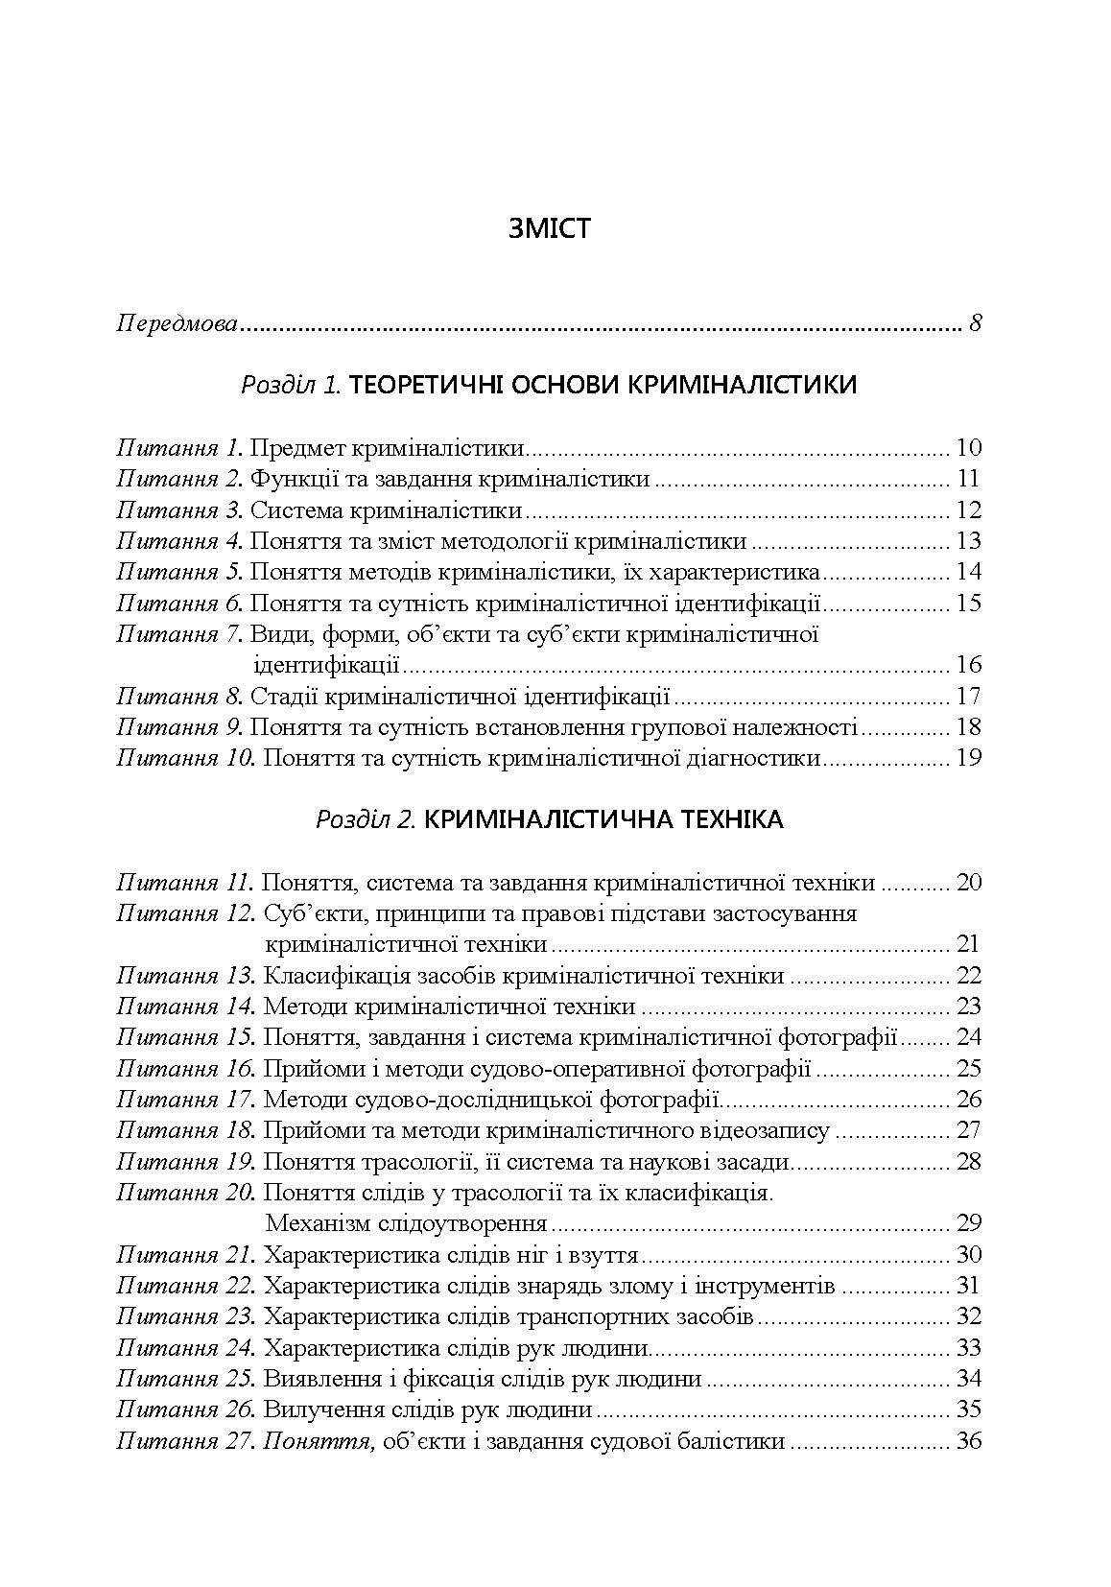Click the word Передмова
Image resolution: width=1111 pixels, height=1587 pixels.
click(x=177, y=323)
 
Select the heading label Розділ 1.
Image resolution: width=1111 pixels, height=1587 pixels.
click(x=291, y=386)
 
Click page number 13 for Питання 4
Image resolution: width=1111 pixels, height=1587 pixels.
click(x=968, y=541)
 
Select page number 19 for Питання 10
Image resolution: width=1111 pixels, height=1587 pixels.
click(x=968, y=758)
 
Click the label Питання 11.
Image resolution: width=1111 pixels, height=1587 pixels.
click(x=185, y=883)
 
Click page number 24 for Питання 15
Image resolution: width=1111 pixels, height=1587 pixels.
click(x=968, y=1037)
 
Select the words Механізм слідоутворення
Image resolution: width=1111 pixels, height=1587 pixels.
click(x=405, y=1223)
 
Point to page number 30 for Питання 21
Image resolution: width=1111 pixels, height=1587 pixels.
click(x=968, y=1255)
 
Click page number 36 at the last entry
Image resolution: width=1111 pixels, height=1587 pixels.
click(x=968, y=1441)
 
